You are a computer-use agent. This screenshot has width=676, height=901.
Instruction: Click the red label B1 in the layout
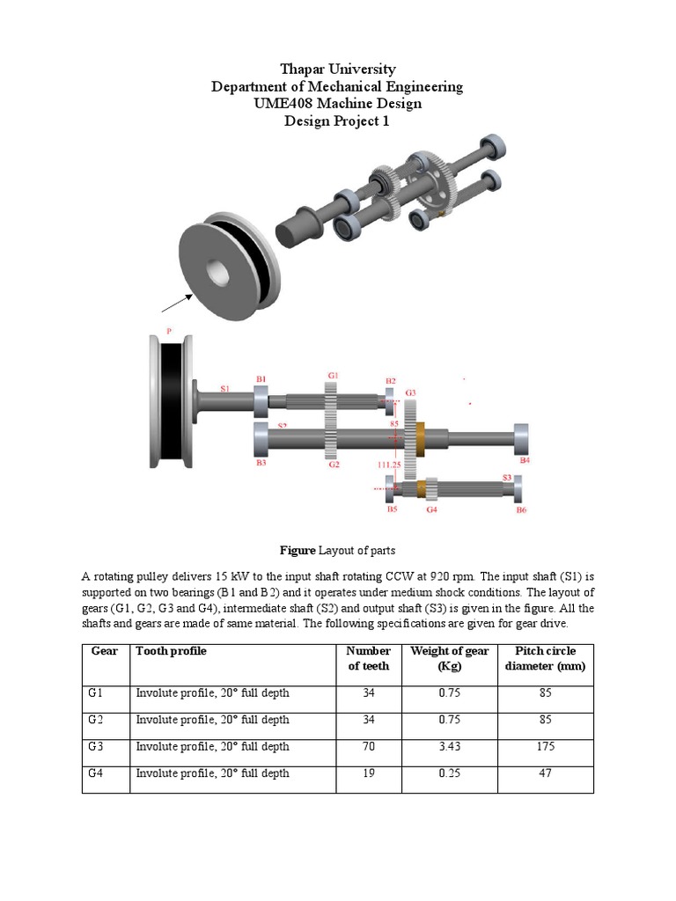click(261, 379)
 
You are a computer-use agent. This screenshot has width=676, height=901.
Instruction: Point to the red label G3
click(410, 392)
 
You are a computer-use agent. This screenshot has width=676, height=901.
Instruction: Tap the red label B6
click(521, 509)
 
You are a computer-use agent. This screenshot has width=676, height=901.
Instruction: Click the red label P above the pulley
click(168, 332)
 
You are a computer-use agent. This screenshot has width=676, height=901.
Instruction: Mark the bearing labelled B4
click(521, 436)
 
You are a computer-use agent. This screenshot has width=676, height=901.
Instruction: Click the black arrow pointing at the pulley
click(176, 303)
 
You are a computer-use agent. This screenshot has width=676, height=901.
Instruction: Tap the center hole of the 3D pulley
click(216, 270)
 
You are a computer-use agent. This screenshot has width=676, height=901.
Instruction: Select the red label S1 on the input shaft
click(225, 388)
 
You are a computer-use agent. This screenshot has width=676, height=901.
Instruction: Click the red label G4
click(431, 509)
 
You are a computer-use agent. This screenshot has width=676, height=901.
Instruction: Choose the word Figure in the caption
click(297, 550)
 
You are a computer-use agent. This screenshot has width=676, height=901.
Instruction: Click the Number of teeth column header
click(368, 658)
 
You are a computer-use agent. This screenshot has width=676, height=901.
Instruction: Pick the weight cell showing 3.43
click(449, 746)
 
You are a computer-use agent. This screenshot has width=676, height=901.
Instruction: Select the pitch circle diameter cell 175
click(546, 746)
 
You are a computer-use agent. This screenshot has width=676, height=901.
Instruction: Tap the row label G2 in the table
click(96, 720)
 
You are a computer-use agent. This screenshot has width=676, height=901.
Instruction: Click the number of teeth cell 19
click(368, 773)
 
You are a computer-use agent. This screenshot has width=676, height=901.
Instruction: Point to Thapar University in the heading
click(337, 69)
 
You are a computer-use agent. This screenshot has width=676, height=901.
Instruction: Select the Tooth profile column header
click(171, 651)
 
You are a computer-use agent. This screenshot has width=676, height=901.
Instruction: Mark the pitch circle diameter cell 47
click(546, 773)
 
